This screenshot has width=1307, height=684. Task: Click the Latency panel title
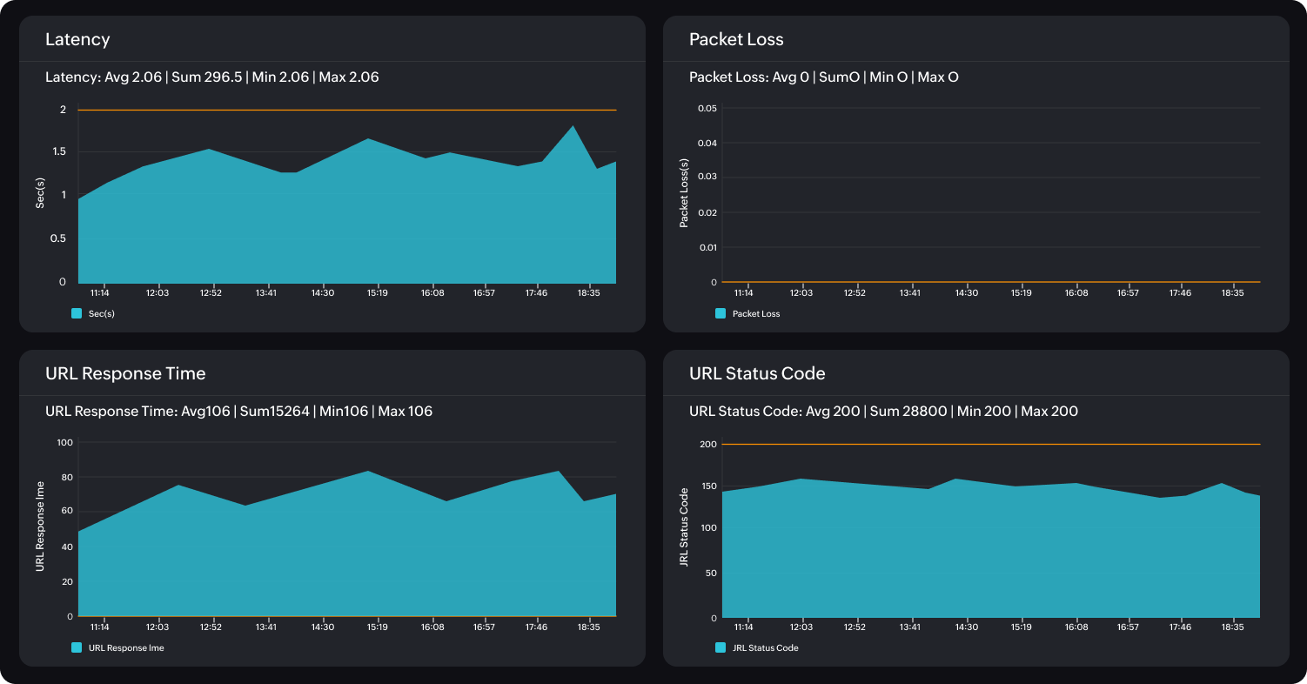(77, 40)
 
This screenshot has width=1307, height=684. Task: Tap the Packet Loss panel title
(736, 40)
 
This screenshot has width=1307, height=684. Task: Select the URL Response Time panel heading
(125, 374)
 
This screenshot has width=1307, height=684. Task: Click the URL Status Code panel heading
(757, 374)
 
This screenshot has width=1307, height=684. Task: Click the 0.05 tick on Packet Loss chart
(707, 109)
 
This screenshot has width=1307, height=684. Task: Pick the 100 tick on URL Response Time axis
(64, 443)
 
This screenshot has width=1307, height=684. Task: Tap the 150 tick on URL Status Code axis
(708, 487)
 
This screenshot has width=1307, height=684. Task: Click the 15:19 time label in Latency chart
(376, 293)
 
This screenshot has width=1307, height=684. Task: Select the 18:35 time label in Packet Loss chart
(1232, 293)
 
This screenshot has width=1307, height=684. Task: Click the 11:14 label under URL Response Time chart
(99, 627)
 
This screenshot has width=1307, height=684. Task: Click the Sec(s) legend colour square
(77, 313)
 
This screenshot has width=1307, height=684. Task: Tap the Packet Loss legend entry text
(756, 313)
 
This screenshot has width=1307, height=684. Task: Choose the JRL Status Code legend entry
(765, 647)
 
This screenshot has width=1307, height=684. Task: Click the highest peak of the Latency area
(573, 127)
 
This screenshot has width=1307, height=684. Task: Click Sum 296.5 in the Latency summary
(206, 77)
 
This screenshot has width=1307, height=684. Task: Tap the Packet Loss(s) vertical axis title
(684, 193)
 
